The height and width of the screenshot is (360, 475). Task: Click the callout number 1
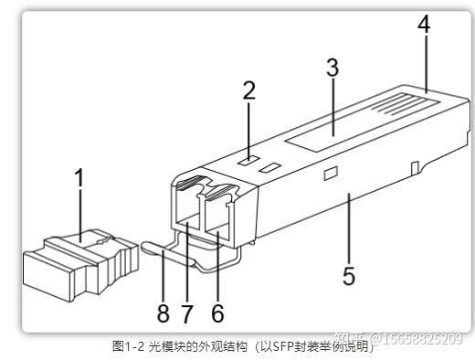(x=79, y=177)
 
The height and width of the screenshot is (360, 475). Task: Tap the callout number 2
(x=249, y=90)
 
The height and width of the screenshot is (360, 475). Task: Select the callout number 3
(x=332, y=68)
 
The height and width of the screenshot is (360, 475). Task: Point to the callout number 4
(x=424, y=24)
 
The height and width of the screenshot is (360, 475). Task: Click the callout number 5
(x=349, y=276)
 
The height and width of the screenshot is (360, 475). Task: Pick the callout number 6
(x=217, y=313)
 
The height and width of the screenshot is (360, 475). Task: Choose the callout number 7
(x=187, y=313)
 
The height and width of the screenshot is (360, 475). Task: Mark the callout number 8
(x=164, y=313)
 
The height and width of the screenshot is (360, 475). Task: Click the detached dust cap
(x=80, y=264)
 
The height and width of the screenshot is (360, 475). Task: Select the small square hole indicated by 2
(x=248, y=160)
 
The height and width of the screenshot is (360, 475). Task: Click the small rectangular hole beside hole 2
(x=269, y=167)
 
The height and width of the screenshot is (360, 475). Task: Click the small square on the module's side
(x=331, y=174)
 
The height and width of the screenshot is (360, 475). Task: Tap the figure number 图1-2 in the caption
(x=128, y=346)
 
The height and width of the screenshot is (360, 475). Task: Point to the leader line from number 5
(x=349, y=228)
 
